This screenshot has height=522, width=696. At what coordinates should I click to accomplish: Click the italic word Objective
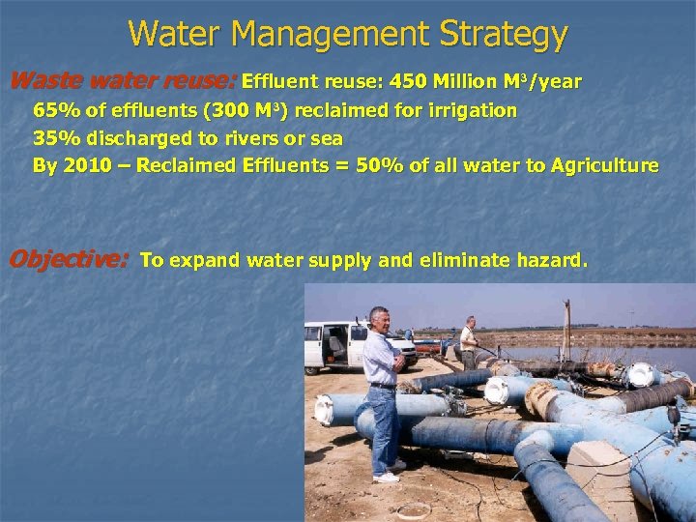(x=68, y=259)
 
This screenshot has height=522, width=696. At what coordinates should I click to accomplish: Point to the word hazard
(x=551, y=260)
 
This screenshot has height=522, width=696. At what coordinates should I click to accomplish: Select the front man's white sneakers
(x=386, y=476)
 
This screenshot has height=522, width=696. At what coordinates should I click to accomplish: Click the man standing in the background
(x=469, y=342)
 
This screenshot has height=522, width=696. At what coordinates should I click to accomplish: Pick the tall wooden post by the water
(x=565, y=329)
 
